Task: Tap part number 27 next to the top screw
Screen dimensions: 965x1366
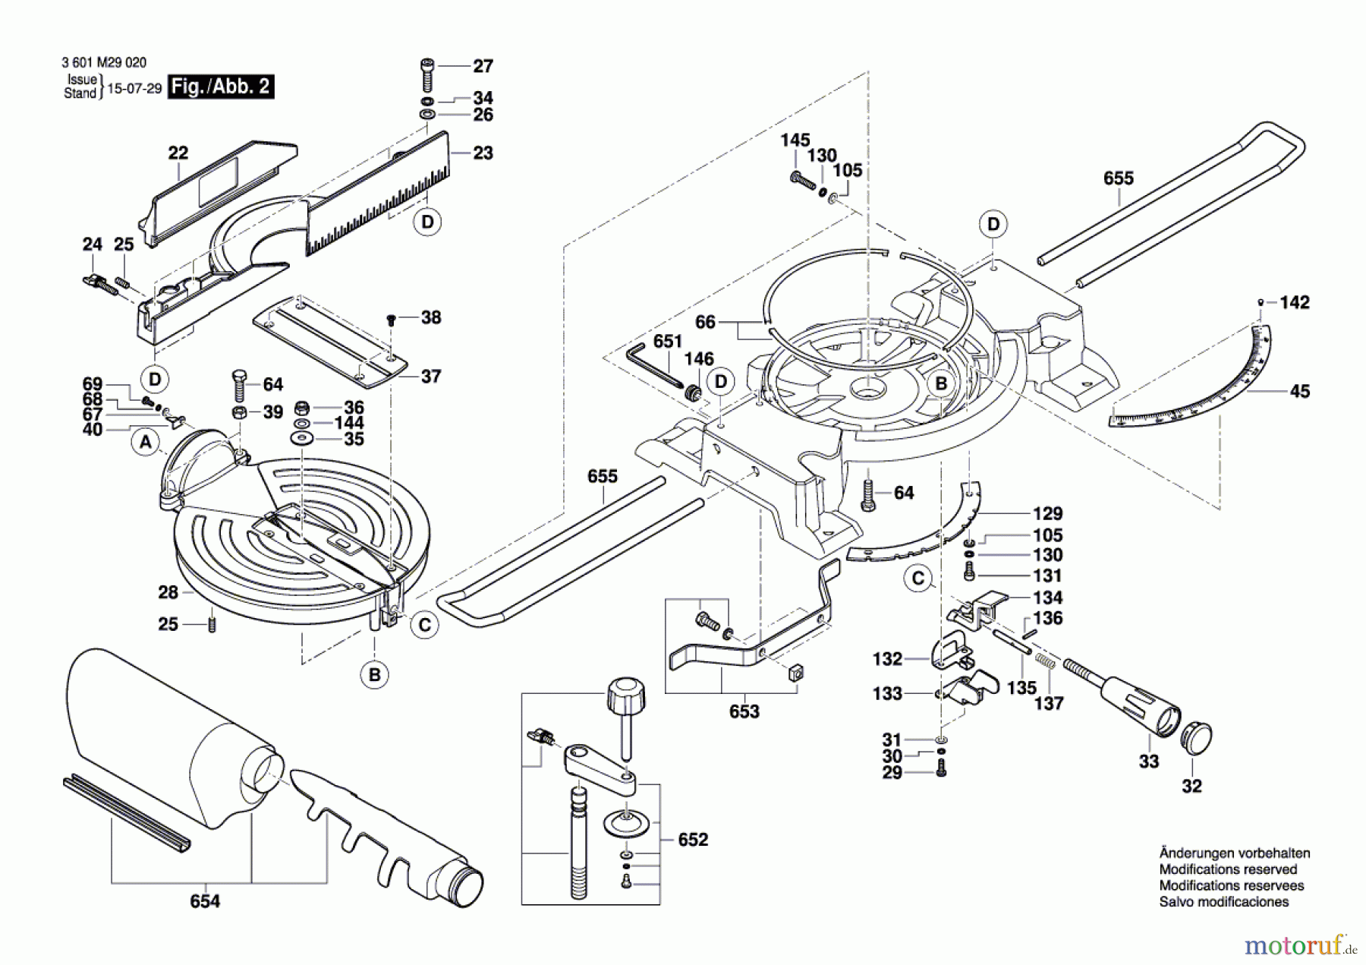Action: (483, 66)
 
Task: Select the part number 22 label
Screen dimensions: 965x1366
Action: (178, 153)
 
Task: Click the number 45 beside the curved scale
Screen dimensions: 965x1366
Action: (1299, 391)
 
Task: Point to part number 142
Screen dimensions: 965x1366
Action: (1294, 302)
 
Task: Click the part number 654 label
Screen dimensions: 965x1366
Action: (205, 901)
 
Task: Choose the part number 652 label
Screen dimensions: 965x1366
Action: (692, 839)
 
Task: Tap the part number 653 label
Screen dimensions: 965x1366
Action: (744, 711)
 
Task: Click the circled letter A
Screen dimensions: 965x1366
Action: (146, 442)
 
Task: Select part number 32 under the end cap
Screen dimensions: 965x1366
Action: (1191, 786)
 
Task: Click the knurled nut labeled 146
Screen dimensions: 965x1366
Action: (692, 393)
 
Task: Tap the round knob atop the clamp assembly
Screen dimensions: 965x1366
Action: (626, 694)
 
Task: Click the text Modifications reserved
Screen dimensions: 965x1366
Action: (1228, 869)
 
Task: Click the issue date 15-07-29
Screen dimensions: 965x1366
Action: (134, 88)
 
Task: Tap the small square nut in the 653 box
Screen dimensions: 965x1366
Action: (795, 673)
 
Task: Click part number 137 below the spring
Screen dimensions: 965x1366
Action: (1048, 703)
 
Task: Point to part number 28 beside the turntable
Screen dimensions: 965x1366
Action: (168, 592)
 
